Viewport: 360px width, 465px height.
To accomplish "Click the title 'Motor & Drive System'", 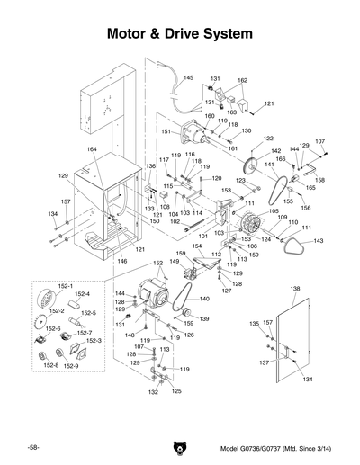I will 179,34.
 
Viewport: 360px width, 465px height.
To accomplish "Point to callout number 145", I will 188,78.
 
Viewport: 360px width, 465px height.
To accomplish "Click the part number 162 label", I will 242,81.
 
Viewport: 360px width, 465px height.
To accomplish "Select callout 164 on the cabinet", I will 91,148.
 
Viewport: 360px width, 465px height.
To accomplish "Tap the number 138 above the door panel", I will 294,289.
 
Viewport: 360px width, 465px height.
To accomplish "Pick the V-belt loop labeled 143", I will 292,249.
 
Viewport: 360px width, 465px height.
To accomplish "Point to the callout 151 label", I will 166,131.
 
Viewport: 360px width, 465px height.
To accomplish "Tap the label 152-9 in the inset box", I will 71,366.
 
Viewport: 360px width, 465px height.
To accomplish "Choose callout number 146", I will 122,261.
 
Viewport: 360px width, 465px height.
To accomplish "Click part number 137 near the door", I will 264,362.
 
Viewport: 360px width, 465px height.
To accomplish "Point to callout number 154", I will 196,246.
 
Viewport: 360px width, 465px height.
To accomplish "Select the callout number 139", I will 203,318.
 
